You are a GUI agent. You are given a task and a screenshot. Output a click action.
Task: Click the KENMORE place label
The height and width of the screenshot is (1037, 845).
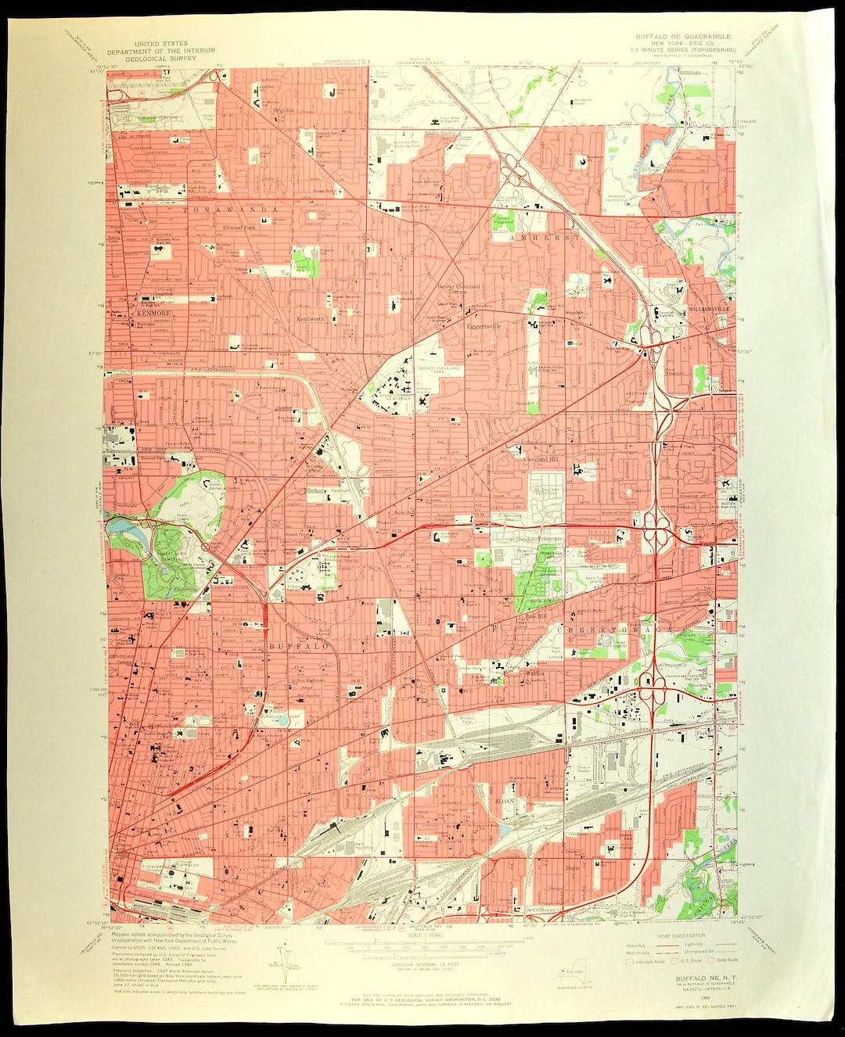(153, 313)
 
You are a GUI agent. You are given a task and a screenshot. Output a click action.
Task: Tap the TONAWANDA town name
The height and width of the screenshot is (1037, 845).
(232, 210)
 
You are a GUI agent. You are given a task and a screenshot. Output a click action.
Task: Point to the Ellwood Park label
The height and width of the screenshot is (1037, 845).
(239, 228)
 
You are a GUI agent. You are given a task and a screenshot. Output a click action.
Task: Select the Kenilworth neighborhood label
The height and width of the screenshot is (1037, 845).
(310, 319)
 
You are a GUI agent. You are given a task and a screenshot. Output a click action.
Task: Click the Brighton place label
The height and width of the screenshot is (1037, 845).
(283, 110)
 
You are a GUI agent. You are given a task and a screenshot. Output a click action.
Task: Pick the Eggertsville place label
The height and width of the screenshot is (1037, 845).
(484, 325)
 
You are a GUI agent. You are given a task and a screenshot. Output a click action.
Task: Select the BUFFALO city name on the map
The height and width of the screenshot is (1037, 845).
(299, 647)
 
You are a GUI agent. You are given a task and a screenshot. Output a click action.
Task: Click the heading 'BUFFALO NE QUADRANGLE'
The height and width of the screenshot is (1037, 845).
(682, 36)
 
